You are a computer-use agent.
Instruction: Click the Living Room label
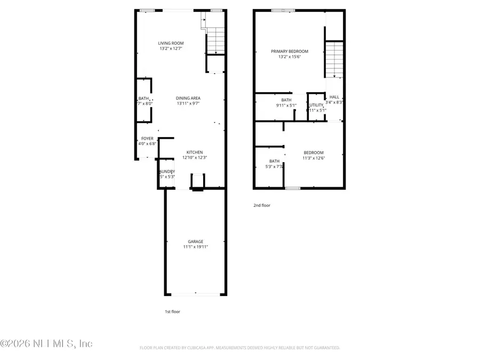[171, 43]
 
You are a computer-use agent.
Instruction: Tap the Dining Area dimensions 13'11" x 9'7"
[188, 103]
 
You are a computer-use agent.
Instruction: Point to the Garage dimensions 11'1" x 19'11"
[195, 247]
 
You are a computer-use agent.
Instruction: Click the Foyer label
[147, 139]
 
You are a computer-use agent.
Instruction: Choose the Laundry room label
[166, 171]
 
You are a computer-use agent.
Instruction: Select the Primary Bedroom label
[290, 51]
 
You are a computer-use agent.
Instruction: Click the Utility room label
[316, 105]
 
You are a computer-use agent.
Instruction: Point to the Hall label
[334, 97]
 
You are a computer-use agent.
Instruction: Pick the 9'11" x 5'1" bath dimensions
[286, 106]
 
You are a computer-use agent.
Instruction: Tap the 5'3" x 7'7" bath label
[274, 161]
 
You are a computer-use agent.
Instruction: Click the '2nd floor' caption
[261, 205]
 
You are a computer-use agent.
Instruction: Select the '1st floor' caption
[172, 311]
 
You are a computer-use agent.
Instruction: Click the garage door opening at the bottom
[195, 294]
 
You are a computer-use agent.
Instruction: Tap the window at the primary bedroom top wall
[283, 10]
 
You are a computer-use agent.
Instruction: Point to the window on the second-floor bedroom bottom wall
[292, 188]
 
